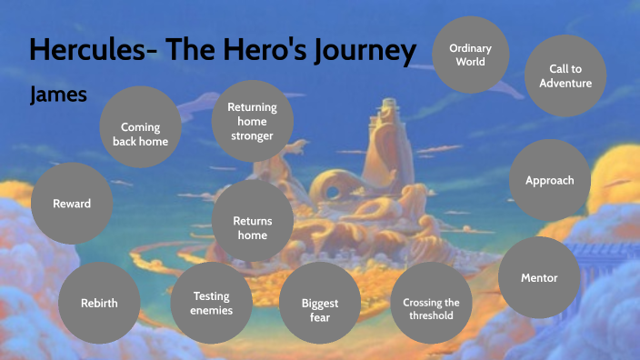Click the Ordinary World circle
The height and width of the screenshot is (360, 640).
471,55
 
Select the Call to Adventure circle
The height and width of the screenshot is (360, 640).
565,75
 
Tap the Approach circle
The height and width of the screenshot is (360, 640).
549,180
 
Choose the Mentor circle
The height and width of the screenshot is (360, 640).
539,277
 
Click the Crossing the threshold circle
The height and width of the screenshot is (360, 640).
431,309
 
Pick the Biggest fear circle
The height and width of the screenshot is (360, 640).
320,310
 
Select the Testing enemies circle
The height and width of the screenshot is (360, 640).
211,303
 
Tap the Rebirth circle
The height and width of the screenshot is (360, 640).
98,303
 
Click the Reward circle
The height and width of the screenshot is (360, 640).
72,204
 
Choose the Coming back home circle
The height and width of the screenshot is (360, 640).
140,135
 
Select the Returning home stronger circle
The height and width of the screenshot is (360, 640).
252,122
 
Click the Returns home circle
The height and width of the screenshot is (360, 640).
252,227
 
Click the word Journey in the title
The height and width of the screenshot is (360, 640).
363,49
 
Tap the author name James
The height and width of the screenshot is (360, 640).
57,94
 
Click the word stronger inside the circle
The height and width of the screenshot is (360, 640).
252,136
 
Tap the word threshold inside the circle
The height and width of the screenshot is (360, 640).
431,316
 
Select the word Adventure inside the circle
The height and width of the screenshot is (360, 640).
565,83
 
